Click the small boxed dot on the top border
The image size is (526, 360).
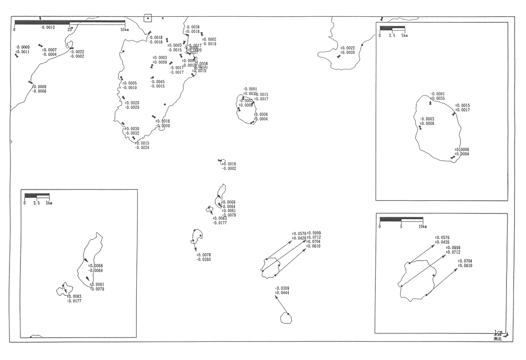pyautogui.click(x=147, y=19)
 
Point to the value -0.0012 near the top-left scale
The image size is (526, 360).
pyautogui.click(x=48, y=28)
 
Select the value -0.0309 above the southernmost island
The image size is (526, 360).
pyautogui.click(x=282, y=288)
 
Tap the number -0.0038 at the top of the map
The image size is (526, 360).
pyautogui.click(x=192, y=27)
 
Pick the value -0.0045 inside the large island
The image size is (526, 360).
pyautogui.click(x=157, y=81)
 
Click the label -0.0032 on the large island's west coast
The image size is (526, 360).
pyautogui.click(x=132, y=133)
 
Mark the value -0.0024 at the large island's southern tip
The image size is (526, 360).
pyautogui.click(x=142, y=147)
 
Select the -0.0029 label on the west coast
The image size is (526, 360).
pyautogui.click(x=132, y=107)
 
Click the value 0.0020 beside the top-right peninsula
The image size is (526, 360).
pyautogui.click(x=348, y=53)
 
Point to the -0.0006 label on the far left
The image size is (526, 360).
pyautogui.click(x=39, y=91)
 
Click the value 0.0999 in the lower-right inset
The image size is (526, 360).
pyautogui.click(x=453, y=248)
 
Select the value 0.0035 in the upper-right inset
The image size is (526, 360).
pyautogui.click(x=438, y=98)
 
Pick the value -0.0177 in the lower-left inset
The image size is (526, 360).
pyautogui.click(x=74, y=301)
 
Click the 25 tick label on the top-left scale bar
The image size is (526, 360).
pyautogui.click(x=69, y=29)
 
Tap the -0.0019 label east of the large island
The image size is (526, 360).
pyautogui.click(x=209, y=44)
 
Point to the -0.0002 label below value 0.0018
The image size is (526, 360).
pyautogui.click(x=229, y=168)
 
